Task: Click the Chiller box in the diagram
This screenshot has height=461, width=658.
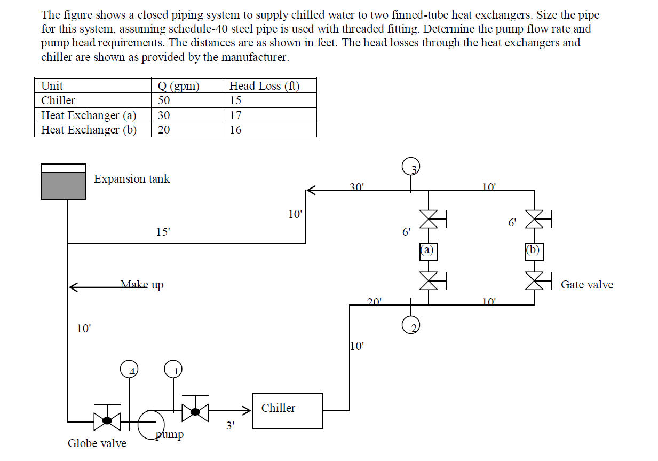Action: tap(287, 410)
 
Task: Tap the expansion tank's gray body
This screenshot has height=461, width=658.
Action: tap(63, 185)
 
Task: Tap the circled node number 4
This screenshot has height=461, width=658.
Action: tap(129, 369)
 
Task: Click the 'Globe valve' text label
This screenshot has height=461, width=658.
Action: tap(97, 443)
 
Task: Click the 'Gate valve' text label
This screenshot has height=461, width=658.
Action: tap(586, 285)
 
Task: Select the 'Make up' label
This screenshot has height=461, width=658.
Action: tap(141, 285)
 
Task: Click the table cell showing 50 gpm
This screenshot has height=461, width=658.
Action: tap(164, 100)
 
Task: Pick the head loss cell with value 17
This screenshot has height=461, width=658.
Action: tap(235, 115)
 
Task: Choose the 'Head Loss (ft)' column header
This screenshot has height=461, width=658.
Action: tap(264, 86)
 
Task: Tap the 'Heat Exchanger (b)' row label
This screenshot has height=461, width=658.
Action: tap(89, 130)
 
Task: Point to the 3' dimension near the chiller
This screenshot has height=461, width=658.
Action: tap(230, 426)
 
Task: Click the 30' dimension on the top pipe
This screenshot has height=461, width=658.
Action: tap(356, 187)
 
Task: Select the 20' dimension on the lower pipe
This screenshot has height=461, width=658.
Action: tap(374, 302)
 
